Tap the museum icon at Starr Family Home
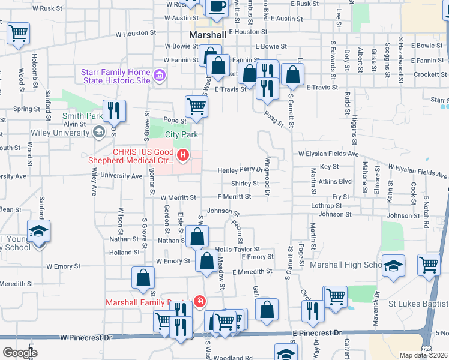[160, 76]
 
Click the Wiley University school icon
[98, 133]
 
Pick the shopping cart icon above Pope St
[196, 107]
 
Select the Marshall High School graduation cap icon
[394, 266]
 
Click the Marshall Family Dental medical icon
[199, 302]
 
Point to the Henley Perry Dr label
[240, 170]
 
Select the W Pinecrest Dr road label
[86, 338]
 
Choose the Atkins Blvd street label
[334, 181]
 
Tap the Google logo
[20, 352]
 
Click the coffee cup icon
[217, 6]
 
